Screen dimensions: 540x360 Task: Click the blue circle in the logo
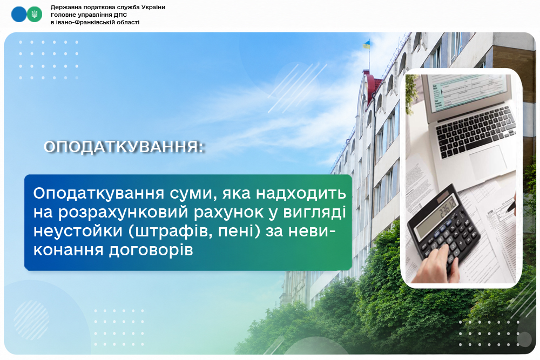point(18,15)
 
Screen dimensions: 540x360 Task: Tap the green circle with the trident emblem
point(35,15)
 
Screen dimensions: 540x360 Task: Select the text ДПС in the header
point(120,15)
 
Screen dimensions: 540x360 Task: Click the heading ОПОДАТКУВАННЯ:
point(124,147)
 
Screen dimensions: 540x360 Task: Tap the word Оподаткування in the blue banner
point(98,194)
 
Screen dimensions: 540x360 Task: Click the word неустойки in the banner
point(78,230)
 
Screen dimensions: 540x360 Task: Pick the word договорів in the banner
point(151,250)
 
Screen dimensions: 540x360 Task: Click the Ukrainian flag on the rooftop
point(366,44)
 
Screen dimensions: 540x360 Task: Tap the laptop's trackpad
point(489,162)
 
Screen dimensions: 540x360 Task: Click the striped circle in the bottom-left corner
point(31,321)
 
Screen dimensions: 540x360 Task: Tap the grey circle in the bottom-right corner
point(524,339)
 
